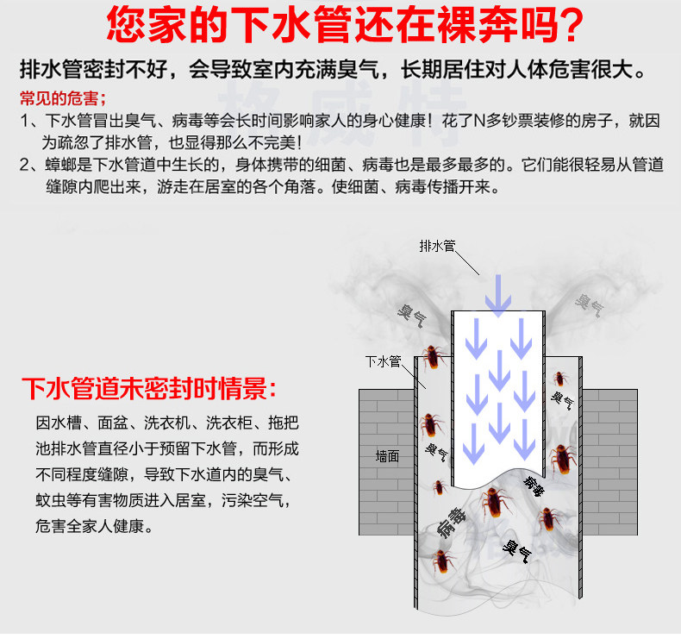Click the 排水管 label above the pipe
pyautogui.click(x=436, y=247)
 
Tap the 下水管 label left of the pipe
pyautogui.click(x=383, y=361)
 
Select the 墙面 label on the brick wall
pyautogui.click(x=388, y=455)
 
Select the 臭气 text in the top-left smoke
pyautogui.click(x=409, y=313)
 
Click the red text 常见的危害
pyautogui.click(x=58, y=97)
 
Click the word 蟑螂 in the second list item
pyautogui.click(x=60, y=165)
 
